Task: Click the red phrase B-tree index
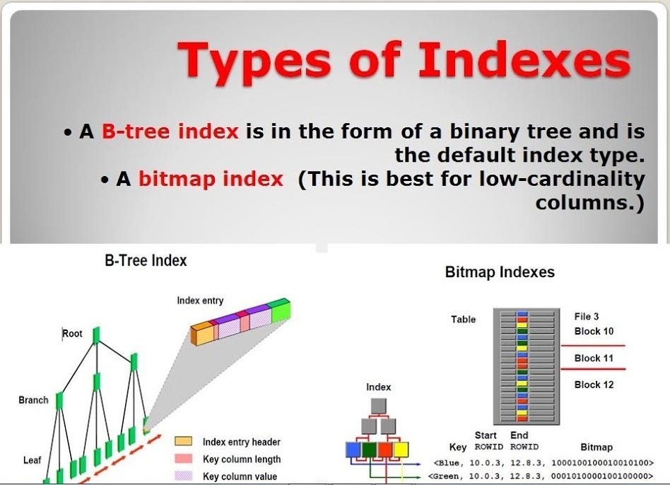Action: click(170, 131)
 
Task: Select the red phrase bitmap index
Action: click(211, 179)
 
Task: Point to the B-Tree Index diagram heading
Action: click(146, 261)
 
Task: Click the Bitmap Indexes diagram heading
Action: click(500, 271)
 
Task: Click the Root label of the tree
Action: click(72, 333)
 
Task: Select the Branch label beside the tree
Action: click(33, 400)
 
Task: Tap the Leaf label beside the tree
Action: click(32, 460)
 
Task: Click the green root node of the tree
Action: click(97, 335)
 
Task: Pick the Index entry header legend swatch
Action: click(183, 441)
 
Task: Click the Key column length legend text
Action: click(242, 460)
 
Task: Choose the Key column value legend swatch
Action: click(183, 476)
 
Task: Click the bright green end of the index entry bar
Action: click(281, 311)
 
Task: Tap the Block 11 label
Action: click(594, 358)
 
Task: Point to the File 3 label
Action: click(587, 316)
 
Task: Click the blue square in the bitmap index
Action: click(353, 450)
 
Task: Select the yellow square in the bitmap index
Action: click(401, 450)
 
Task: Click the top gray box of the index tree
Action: click(379, 406)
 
